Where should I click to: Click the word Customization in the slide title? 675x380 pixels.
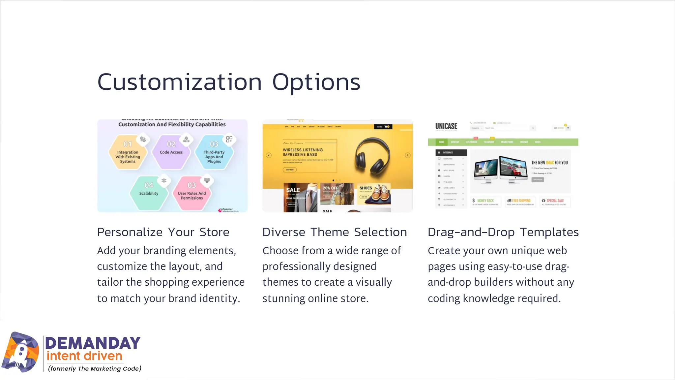pyautogui.click(x=180, y=82)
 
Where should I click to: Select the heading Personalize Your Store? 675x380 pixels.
pyautogui.click(x=163, y=232)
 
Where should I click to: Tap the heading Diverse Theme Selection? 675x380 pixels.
pyautogui.click(x=335, y=232)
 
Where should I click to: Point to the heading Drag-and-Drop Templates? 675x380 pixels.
pyautogui.click(x=503, y=232)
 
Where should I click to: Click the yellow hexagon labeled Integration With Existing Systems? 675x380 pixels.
pyautogui.click(x=128, y=153)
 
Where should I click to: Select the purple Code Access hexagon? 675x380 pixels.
pyautogui.click(x=171, y=152)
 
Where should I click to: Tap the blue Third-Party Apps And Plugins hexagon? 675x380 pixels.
pyautogui.click(x=214, y=153)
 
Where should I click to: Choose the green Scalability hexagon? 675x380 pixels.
pyautogui.click(x=149, y=193)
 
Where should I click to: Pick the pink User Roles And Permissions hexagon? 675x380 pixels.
pyautogui.click(x=191, y=194)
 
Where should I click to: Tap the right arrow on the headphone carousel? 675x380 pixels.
pyautogui.click(x=408, y=155)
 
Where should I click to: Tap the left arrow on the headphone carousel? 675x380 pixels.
pyautogui.click(x=269, y=155)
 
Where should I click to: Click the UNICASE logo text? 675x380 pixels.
pyautogui.click(x=446, y=126)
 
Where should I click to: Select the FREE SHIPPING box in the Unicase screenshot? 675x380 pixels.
pyautogui.click(x=520, y=201)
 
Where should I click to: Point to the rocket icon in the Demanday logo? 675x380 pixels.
pyautogui.click(x=20, y=353)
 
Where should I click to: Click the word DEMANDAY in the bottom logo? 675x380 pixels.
pyautogui.click(x=93, y=343)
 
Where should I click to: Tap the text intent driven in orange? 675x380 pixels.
pyautogui.click(x=84, y=356)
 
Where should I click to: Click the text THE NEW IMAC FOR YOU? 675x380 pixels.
pyautogui.click(x=549, y=163)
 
